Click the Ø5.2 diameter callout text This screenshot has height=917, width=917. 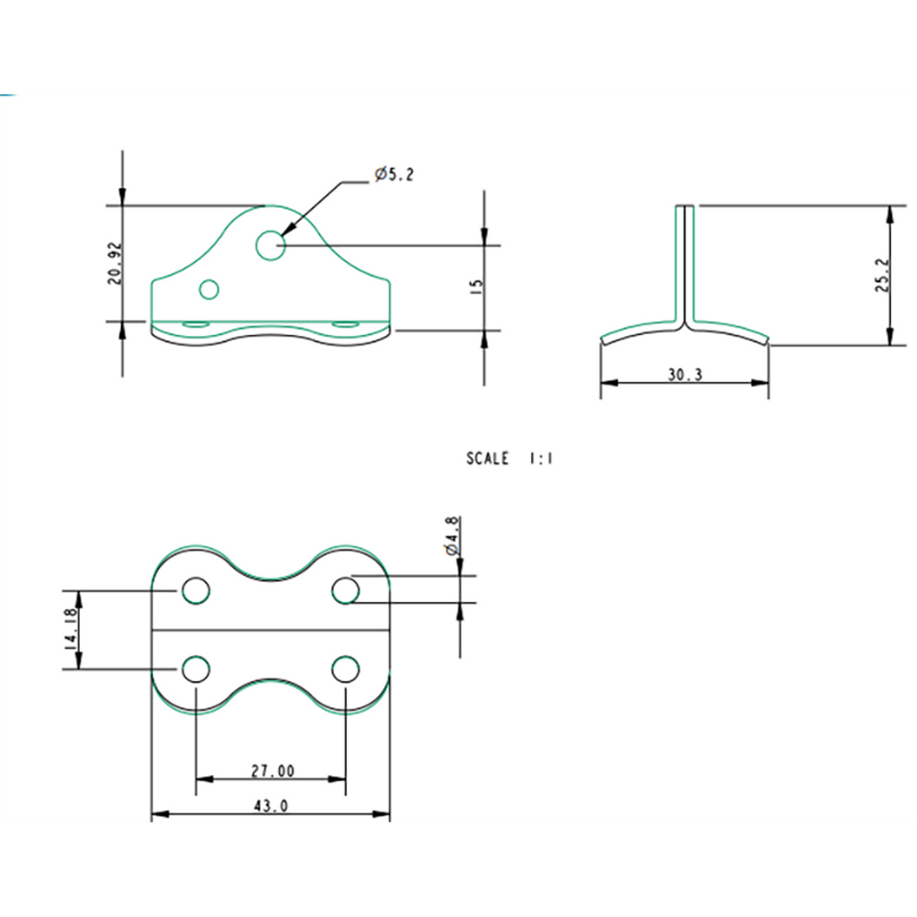[x=394, y=174]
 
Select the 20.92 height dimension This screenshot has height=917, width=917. [x=115, y=263]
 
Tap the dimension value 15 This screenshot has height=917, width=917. [x=476, y=286]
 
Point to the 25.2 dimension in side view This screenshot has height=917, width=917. [x=884, y=275]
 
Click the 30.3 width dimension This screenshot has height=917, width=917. [x=684, y=375]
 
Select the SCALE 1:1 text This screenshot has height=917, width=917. [x=509, y=458]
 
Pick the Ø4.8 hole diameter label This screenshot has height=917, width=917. [x=452, y=536]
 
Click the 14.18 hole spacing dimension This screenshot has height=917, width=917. [x=70, y=630]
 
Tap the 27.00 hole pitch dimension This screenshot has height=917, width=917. [x=273, y=770]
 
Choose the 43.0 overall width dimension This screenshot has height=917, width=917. [x=270, y=806]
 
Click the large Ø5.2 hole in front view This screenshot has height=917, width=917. [x=270, y=245]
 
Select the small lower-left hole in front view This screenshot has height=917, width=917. [x=209, y=289]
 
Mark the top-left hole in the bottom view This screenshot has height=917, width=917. [x=196, y=591]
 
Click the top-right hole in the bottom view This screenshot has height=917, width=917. [x=345, y=591]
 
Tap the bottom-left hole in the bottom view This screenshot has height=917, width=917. [x=196, y=669]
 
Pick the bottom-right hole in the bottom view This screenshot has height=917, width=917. [x=345, y=669]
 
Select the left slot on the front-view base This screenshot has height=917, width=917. [x=196, y=323]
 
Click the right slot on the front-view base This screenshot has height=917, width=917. [x=346, y=323]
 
